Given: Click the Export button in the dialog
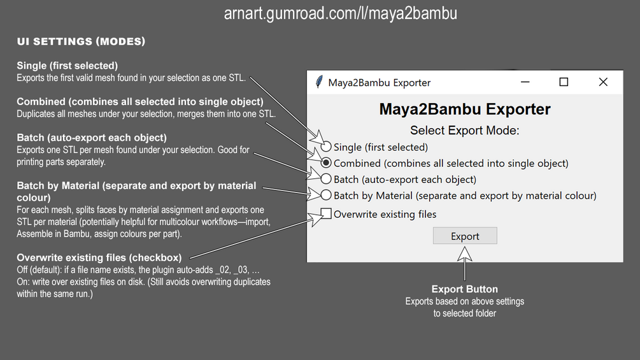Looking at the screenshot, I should click(x=465, y=236).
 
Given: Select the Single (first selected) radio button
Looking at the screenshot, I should click(x=326, y=147).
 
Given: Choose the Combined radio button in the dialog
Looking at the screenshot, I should click(x=326, y=163).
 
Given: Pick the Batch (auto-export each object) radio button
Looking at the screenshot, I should click(x=326, y=179).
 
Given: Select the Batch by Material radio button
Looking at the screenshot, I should click(x=326, y=195).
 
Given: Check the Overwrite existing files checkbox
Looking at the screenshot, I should click(x=326, y=213).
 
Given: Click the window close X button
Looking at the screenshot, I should click(x=603, y=82).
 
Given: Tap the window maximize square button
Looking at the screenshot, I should click(x=564, y=82).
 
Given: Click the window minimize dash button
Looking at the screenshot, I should click(x=525, y=82).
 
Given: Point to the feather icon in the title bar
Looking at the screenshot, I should click(x=319, y=82).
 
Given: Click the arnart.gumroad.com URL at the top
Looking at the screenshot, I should click(x=340, y=13).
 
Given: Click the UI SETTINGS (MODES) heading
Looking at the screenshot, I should click(x=81, y=41).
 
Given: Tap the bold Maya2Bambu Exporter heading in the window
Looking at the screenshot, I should click(x=465, y=109).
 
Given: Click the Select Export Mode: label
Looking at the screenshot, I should click(x=465, y=131).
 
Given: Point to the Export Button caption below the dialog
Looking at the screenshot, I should click(x=465, y=289).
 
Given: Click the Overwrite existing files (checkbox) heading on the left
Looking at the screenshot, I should click(x=99, y=258).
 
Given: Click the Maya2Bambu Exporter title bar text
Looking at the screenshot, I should click(x=380, y=83).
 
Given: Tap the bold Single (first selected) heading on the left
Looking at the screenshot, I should click(x=67, y=66).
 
